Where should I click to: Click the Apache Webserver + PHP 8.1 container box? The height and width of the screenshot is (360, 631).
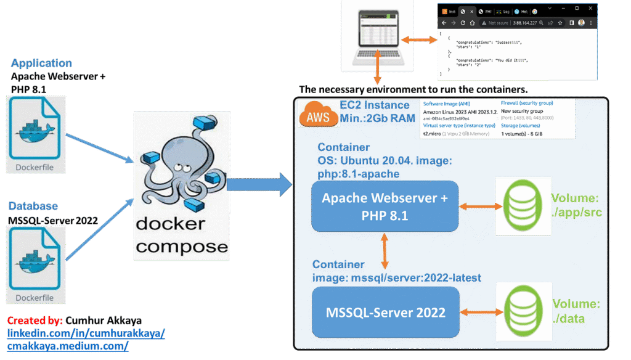(x=385, y=206)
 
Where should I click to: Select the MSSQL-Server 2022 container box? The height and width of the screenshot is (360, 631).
(x=385, y=313)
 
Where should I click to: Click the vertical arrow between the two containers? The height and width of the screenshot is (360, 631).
(x=385, y=250)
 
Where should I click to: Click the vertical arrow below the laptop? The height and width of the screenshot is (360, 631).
(x=375, y=73)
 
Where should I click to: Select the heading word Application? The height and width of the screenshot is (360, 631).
(x=41, y=63)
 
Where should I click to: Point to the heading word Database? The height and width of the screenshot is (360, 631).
(x=35, y=206)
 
